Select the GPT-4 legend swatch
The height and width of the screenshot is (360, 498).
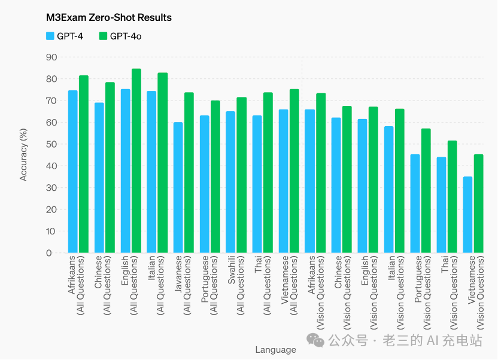pos(50,36)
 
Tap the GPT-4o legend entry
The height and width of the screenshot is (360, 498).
pos(120,36)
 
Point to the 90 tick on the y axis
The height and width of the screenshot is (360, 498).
pos(52,57)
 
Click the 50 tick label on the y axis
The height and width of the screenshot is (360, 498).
pos(52,144)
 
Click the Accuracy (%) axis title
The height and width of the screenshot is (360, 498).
pos(24,155)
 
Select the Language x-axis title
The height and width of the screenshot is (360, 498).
pos(275,350)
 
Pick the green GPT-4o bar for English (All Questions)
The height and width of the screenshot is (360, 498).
pos(136,161)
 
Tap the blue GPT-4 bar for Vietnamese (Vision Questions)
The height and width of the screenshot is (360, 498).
pos(468,215)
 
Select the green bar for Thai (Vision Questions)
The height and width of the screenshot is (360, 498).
pos(453,197)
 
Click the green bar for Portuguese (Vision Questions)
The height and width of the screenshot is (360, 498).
pos(426,191)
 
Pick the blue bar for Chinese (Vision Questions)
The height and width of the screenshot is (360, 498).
pos(336,185)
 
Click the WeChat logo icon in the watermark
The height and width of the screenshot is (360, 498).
pos(316,340)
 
